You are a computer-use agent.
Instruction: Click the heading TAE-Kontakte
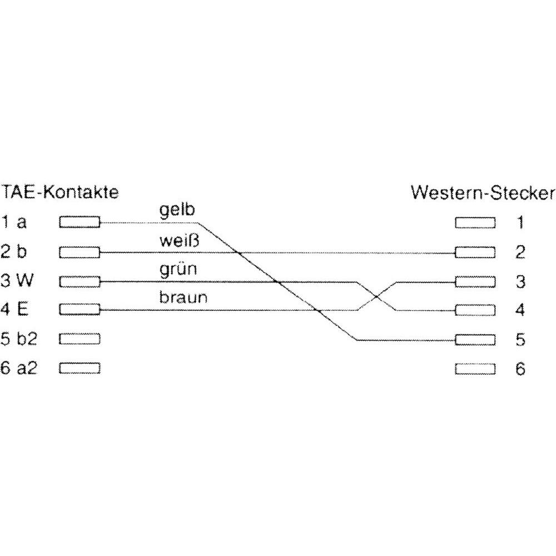pos(59,192)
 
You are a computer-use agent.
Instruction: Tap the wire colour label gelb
pos(177,210)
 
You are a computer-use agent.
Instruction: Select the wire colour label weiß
pos(180,241)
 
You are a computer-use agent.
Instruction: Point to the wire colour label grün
pos(178,270)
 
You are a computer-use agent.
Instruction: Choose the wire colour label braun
pos(183,297)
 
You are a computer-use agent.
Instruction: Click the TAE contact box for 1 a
pos(80,222)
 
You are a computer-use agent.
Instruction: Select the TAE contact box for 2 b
pos(80,252)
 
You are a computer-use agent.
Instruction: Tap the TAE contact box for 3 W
pos(80,282)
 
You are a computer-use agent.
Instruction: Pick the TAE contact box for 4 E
pos(80,310)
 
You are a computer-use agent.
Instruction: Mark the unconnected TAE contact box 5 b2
pos(80,339)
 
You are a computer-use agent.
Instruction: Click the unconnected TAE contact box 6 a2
pos(80,369)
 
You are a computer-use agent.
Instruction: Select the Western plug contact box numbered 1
pos(475,223)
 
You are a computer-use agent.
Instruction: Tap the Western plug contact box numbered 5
pos(475,340)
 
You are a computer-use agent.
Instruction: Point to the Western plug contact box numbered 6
pos(475,369)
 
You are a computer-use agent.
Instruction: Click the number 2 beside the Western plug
pos(520,252)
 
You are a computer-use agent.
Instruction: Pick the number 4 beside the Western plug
pos(520,310)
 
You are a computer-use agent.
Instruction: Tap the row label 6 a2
pos(19,368)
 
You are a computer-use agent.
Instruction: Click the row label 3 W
pos(17,280)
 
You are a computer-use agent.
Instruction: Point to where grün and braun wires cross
pos(376,296)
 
